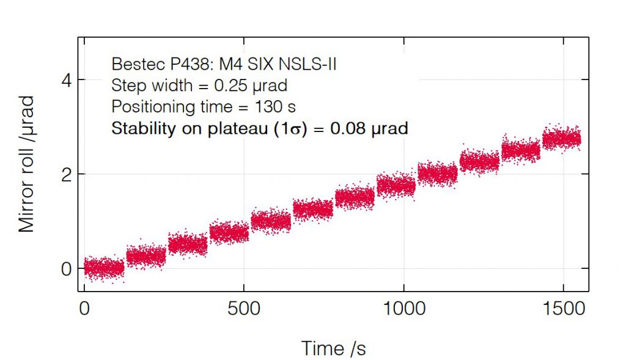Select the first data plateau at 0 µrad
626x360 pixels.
pos(103,268)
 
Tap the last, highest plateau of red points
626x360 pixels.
pos(561,138)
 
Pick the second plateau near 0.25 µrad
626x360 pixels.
pos(145,254)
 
